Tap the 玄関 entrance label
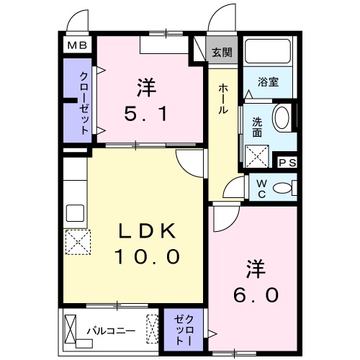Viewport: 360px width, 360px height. tap(222, 52)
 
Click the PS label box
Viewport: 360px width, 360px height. tap(287, 163)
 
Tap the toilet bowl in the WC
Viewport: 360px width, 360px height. tap(285, 189)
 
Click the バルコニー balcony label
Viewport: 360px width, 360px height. tap(111, 331)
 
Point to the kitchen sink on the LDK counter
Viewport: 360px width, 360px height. tap(75, 214)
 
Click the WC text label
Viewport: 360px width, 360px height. tap(261, 189)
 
